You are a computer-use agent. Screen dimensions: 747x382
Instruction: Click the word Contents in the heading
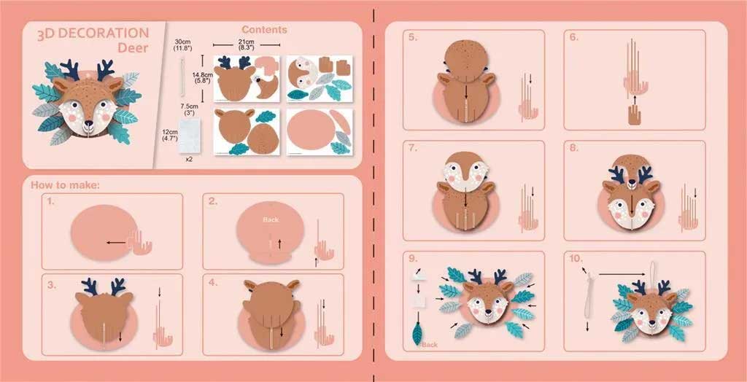[264, 30]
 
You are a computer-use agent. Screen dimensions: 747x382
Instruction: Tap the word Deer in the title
[133, 47]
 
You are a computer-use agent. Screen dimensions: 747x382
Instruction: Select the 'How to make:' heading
[65, 185]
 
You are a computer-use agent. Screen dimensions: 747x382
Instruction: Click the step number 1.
[51, 201]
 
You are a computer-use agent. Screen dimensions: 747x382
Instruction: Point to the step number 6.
[573, 37]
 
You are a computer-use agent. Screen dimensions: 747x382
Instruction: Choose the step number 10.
[576, 259]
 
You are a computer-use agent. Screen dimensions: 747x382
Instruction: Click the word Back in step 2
[271, 219]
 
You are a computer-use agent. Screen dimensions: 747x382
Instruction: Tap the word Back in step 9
[430, 344]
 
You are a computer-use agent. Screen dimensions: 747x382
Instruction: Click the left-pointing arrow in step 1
[116, 243]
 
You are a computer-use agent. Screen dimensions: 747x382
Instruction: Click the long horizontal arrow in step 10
[625, 274]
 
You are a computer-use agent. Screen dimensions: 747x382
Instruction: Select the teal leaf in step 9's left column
[417, 334]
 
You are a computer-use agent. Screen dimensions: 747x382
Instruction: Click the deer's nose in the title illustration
[88, 123]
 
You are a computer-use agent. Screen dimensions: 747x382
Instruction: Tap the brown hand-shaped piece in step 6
[635, 116]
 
